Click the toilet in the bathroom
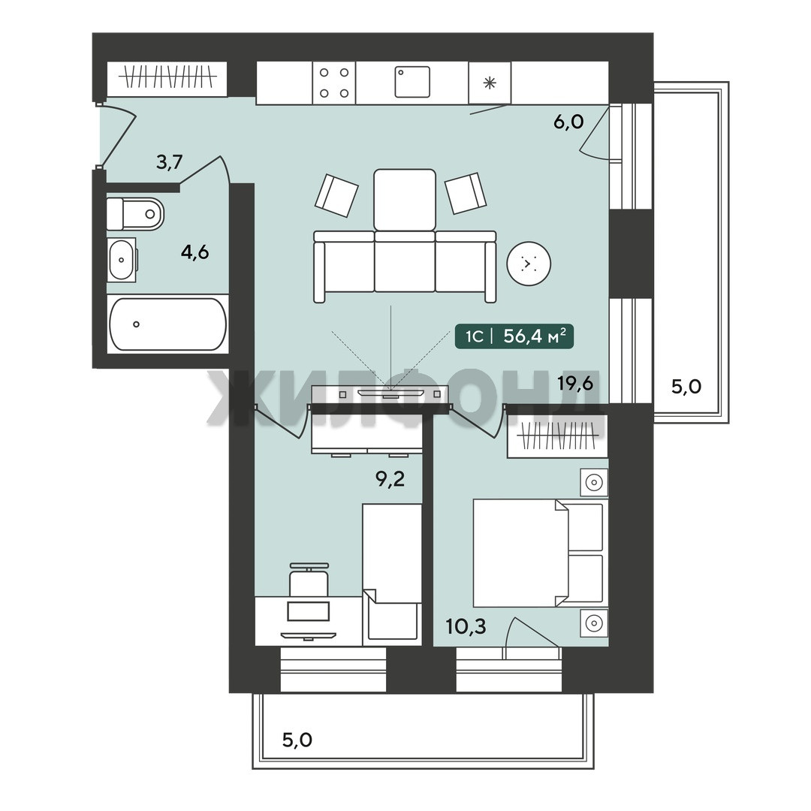click(x=135, y=213)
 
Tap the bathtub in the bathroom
click(x=168, y=324)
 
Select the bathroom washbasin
click(x=122, y=260)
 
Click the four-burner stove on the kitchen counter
click(x=334, y=83)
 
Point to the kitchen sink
click(x=412, y=82)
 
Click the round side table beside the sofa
click(x=529, y=264)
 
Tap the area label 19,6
click(x=574, y=383)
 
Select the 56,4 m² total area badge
click(x=514, y=336)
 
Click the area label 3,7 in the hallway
click(x=170, y=162)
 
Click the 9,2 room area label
click(x=390, y=479)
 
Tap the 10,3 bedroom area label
click(x=466, y=626)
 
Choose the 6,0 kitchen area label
click(x=568, y=122)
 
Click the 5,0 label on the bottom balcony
click(x=297, y=740)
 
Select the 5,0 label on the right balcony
click(x=686, y=387)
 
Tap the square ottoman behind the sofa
click(x=405, y=200)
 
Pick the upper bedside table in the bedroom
click(x=594, y=483)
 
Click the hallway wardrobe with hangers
click(x=167, y=79)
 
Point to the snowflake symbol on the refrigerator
click(x=490, y=83)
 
